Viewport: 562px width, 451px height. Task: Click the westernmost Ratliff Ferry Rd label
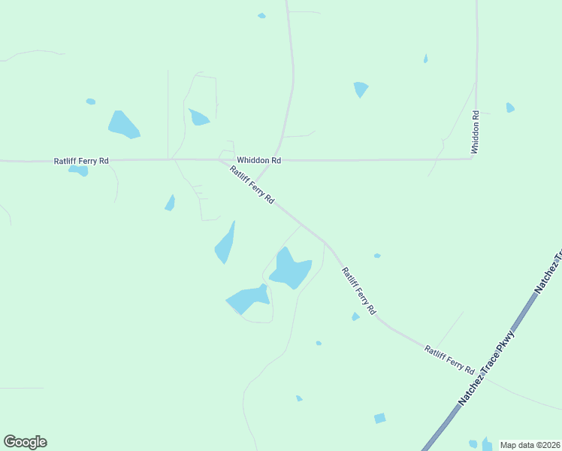click(x=81, y=161)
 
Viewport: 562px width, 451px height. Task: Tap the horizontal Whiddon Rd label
click(x=258, y=160)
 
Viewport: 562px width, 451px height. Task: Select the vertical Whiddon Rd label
click(x=475, y=133)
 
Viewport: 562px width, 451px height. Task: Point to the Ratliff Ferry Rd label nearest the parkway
click(x=449, y=359)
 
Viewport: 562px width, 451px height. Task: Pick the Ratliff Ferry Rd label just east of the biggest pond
click(x=358, y=290)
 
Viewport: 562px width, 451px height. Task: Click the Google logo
click(x=25, y=442)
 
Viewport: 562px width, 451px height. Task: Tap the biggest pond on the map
click(x=289, y=268)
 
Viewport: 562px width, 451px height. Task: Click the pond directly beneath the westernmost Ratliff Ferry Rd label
click(x=79, y=171)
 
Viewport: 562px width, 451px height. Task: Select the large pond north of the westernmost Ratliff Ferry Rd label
click(x=123, y=125)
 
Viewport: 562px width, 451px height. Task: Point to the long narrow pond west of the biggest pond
click(x=225, y=244)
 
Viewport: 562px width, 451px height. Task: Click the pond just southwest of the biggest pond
click(x=247, y=299)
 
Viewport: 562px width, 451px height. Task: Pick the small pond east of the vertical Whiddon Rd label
click(x=510, y=107)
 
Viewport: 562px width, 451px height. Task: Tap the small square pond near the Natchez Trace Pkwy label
click(x=380, y=418)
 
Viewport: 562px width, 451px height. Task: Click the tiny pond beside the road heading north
click(x=261, y=15)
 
